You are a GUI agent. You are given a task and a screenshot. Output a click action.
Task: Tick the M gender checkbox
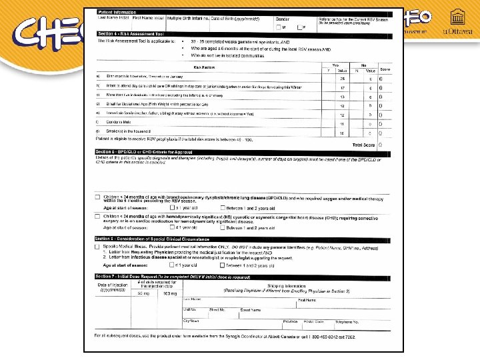(x=279, y=27)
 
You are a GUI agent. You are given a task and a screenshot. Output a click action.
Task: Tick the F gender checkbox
(x=300, y=27)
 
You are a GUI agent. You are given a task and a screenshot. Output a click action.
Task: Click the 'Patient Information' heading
(x=115, y=13)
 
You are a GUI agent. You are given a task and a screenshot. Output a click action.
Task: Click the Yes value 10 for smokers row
(x=342, y=133)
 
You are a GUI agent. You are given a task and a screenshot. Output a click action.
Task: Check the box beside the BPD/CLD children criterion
(x=99, y=197)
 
